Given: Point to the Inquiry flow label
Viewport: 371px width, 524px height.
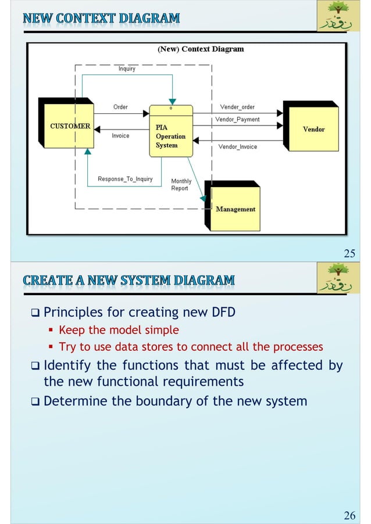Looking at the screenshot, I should [x=127, y=69].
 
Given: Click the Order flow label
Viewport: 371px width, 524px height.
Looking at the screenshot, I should [x=120, y=107].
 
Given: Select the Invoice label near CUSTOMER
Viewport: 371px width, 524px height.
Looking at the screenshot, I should [x=120, y=136].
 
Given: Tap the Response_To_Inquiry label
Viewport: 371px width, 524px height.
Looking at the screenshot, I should [x=125, y=179].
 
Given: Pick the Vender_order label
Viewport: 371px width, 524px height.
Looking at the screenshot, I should [x=237, y=107].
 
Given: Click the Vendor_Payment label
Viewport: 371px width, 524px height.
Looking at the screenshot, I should [x=237, y=120].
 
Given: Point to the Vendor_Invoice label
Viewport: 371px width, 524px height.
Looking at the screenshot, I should [x=237, y=147].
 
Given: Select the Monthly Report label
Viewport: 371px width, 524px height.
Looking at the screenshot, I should [x=181, y=185].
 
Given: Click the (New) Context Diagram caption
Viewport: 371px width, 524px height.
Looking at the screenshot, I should [x=201, y=49].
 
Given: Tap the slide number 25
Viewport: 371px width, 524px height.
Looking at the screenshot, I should [x=349, y=253].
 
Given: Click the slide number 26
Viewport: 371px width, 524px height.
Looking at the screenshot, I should [x=349, y=515].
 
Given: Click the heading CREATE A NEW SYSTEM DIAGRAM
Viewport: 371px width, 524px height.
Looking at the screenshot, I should [x=129, y=280].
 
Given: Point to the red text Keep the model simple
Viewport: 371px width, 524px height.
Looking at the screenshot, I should [x=119, y=330].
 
